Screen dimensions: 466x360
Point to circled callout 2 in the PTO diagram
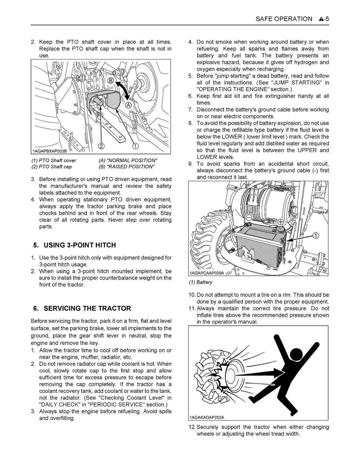point(101,146)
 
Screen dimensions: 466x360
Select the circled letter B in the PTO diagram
point(110,81)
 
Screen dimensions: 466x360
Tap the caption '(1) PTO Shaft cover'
point(54,160)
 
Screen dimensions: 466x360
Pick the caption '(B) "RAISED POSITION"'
point(127,167)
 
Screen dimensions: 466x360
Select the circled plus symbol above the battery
point(281,222)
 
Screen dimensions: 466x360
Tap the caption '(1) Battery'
point(201,282)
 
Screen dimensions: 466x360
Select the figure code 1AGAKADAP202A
point(207,418)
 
